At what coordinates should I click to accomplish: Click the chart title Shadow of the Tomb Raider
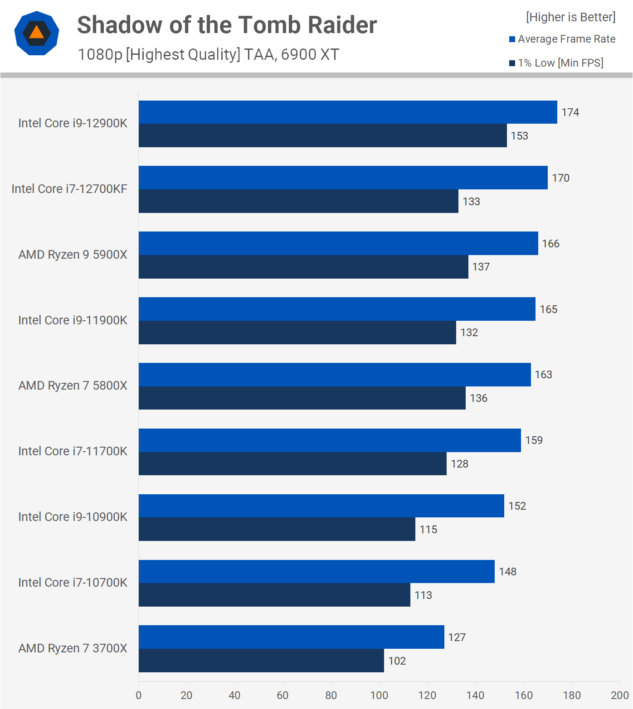(x=227, y=25)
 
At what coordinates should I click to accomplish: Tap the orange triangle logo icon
(x=37, y=33)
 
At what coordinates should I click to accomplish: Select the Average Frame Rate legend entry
(x=562, y=39)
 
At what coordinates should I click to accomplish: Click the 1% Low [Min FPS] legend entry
(x=556, y=63)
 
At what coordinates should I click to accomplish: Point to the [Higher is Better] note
(x=570, y=17)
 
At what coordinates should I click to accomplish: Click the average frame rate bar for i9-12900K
(x=348, y=112)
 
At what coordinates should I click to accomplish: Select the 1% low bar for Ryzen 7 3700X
(x=261, y=661)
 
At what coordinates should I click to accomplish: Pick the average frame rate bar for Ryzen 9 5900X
(x=338, y=243)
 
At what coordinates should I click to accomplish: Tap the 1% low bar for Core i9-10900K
(x=277, y=529)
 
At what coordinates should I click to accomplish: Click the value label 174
(x=570, y=112)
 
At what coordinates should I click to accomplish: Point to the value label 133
(x=471, y=202)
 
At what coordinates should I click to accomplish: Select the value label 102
(x=397, y=661)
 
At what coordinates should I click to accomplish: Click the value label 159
(x=534, y=440)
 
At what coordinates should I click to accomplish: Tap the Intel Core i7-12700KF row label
(x=69, y=189)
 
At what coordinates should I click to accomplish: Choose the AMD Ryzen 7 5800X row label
(x=73, y=386)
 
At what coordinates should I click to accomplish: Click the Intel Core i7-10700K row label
(x=73, y=583)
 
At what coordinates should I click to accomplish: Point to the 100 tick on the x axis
(x=379, y=695)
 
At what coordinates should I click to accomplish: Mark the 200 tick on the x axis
(x=619, y=695)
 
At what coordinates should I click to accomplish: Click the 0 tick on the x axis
(x=139, y=695)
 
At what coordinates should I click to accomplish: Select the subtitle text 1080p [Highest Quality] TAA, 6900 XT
(x=209, y=54)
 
